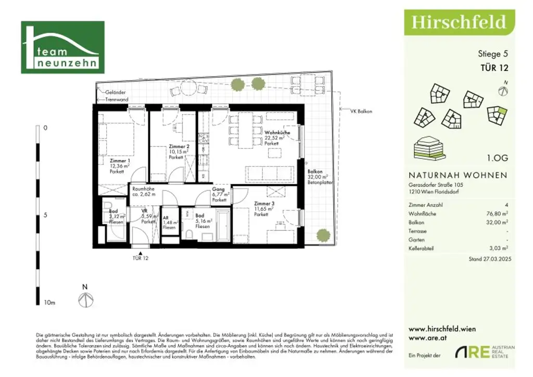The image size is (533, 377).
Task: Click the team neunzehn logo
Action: coord(62,47)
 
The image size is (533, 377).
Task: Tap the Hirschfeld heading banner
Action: coord(459,22)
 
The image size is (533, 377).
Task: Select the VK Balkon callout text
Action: coord(361,111)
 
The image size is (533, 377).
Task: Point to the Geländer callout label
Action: coord(115,92)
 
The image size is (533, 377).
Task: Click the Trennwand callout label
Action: coord(117,99)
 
